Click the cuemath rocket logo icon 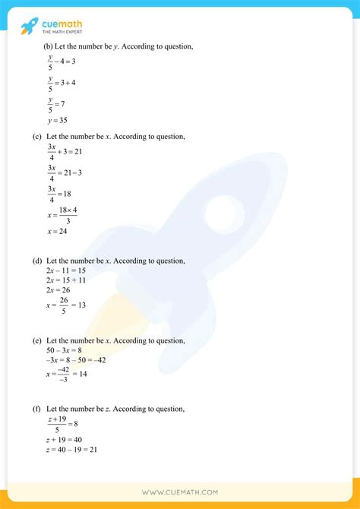30,27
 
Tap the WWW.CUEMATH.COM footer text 179,492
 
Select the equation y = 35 58,120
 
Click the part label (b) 49,47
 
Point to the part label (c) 36,137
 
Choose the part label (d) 36,261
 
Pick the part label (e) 36,340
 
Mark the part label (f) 36,409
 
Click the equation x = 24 58,231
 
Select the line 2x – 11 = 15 66,270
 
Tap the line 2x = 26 58,289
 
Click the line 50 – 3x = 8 65,350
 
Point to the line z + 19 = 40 65,440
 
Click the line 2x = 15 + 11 66,280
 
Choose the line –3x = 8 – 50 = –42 76,360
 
